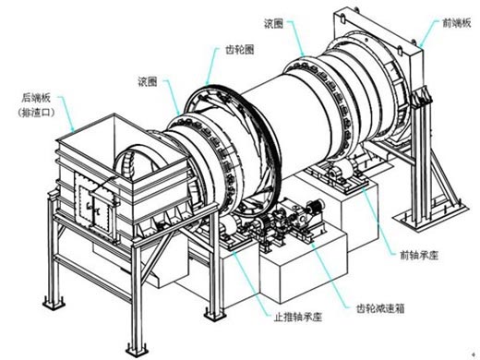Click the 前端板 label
click(457, 23)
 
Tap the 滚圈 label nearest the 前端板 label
click(273, 24)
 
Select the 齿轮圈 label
click(240, 50)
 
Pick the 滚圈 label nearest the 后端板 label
click(148, 81)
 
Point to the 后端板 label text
click(36, 98)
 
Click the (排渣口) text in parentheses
click(36, 113)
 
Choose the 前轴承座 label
click(419, 255)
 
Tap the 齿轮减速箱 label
click(380, 308)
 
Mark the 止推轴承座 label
click(298, 317)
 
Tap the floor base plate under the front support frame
click(430, 214)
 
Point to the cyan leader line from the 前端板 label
click(430, 33)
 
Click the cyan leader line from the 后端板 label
click(67, 114)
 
